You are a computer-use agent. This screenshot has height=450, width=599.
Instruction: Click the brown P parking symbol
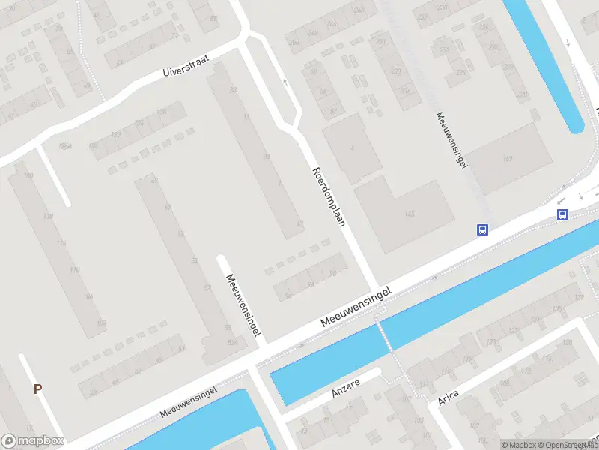(x=37, y=388)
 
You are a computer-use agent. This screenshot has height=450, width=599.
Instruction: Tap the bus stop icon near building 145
(x=483, y=230)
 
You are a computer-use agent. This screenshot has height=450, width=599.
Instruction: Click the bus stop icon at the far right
(x=562, y=214)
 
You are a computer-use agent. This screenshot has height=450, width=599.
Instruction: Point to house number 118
(x=48, y=217)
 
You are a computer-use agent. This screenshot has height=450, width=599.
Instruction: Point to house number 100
(x=28, y=175)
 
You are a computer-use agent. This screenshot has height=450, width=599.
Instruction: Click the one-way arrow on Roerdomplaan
(x=285, y=82)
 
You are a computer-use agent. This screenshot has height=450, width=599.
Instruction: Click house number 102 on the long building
(x=100, y=323)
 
